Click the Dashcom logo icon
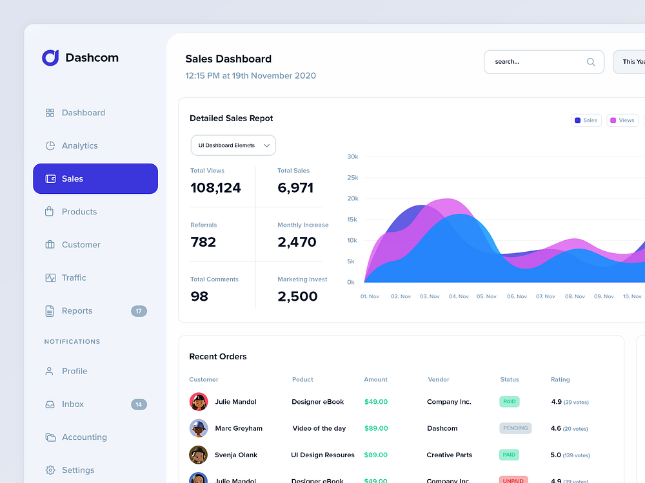(x=50, y=58)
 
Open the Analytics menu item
(x=79, y=146)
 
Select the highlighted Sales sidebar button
(x=95, y=178)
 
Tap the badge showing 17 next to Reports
(x=139, y=311)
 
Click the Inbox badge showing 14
(x=139, y=404)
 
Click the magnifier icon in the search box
(x=590, y=62)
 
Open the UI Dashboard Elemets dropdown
(x=233, y=146)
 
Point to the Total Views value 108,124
(x=215, y=188)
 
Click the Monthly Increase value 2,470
(x=297, y=242)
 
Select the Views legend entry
(x=622, y=120)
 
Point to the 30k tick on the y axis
(x=352, y=156)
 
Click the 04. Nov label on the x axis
(x=459, y=296)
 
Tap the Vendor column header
(x=439, y=379)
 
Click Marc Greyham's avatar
(x=199, y=428)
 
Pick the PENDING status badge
(x=515, y=428)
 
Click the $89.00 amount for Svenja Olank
(x=375, y=455)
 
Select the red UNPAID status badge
(x=513, y=480)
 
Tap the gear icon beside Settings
(x=50, y=470)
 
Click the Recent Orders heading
(x=218, y=357)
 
